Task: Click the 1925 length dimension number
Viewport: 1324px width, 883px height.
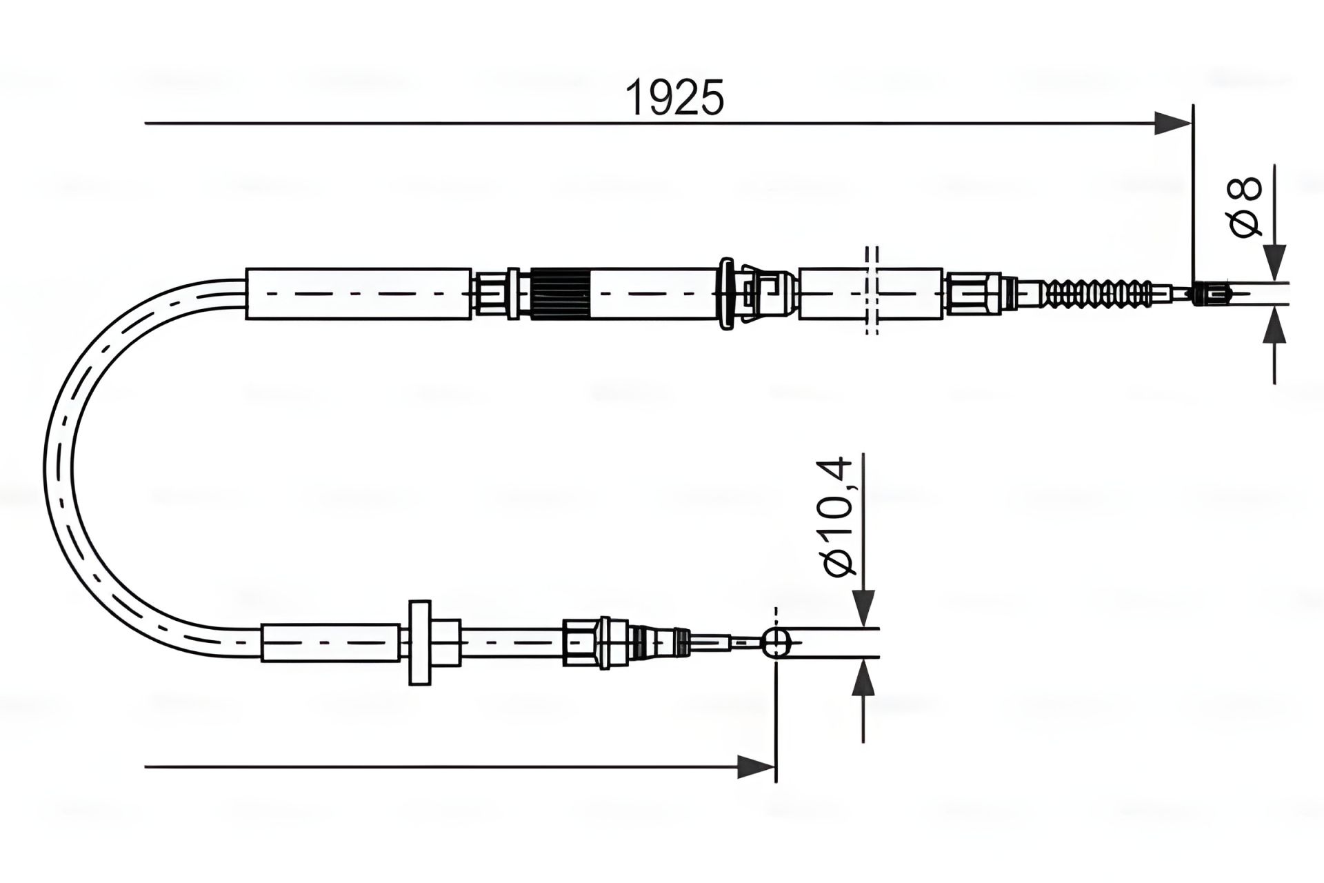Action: pyautogui.click(x=674, y=98)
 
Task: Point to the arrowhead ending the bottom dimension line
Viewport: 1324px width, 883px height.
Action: pyautogui.click(x=756, y=766)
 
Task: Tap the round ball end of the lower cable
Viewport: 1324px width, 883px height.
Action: pyautogui.click(x=776, y=642)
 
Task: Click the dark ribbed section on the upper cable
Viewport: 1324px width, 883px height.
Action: pyautogui.click(x=561, y=293)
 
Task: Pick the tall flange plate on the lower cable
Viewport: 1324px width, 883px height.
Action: pyautogui.click(x=419, y=642)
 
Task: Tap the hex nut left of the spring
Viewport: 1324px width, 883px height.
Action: pyautogui.click(x=974, y=293)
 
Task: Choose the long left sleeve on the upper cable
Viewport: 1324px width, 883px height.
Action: pyautogui.click(x=359, y=293)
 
